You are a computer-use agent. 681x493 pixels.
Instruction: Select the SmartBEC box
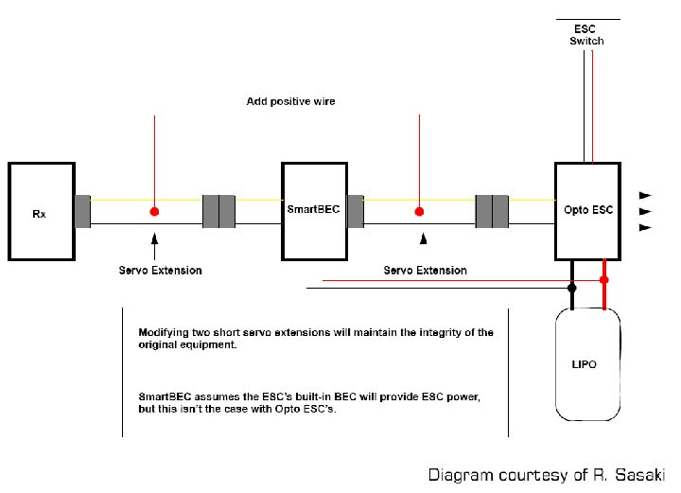tap(310, 211)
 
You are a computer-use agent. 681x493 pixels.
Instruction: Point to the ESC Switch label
tap(586, 35)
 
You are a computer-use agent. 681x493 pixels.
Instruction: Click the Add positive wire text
tap(291, 100)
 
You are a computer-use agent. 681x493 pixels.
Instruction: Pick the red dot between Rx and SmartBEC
tap(153, 211)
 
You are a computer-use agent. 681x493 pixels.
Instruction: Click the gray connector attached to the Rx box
tap(83, 211)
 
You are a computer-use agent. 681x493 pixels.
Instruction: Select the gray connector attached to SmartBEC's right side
tap(356, 211)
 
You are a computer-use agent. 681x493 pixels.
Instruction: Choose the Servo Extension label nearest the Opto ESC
tap(425, 271)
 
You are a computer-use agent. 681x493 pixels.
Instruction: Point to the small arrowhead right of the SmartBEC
tap(425, 238)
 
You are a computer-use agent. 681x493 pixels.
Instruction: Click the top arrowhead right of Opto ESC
tap(646, 193)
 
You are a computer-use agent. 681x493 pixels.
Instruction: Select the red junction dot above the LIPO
tap(604, 280)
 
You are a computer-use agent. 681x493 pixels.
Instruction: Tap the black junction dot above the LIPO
tap(570, 287)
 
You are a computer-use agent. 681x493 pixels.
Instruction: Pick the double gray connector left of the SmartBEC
tap(219, 211)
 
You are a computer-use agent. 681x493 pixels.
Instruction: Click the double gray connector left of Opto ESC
tap(492, 211)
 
